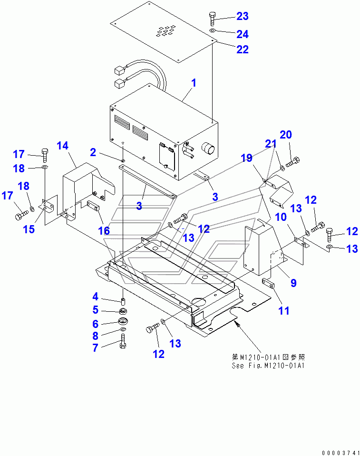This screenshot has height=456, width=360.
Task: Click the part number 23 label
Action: (x=243, y=17)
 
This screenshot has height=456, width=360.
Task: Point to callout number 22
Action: (x=243, y=50)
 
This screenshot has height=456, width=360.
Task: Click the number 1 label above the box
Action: (x=194, y=83)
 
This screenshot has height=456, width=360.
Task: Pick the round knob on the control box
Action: (x=208, y=149)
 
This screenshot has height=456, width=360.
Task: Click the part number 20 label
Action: (x=285, y=135)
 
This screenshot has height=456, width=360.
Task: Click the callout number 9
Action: (x=293, y=283)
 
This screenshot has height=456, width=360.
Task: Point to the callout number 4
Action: (x=96, y=297)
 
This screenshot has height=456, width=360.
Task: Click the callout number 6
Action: (x=96, y=324)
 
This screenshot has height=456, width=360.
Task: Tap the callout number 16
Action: (x=104, y=230)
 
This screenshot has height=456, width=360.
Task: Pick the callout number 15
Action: (x=29, y=229)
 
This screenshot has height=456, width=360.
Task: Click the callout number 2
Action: (x=93, y=152)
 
